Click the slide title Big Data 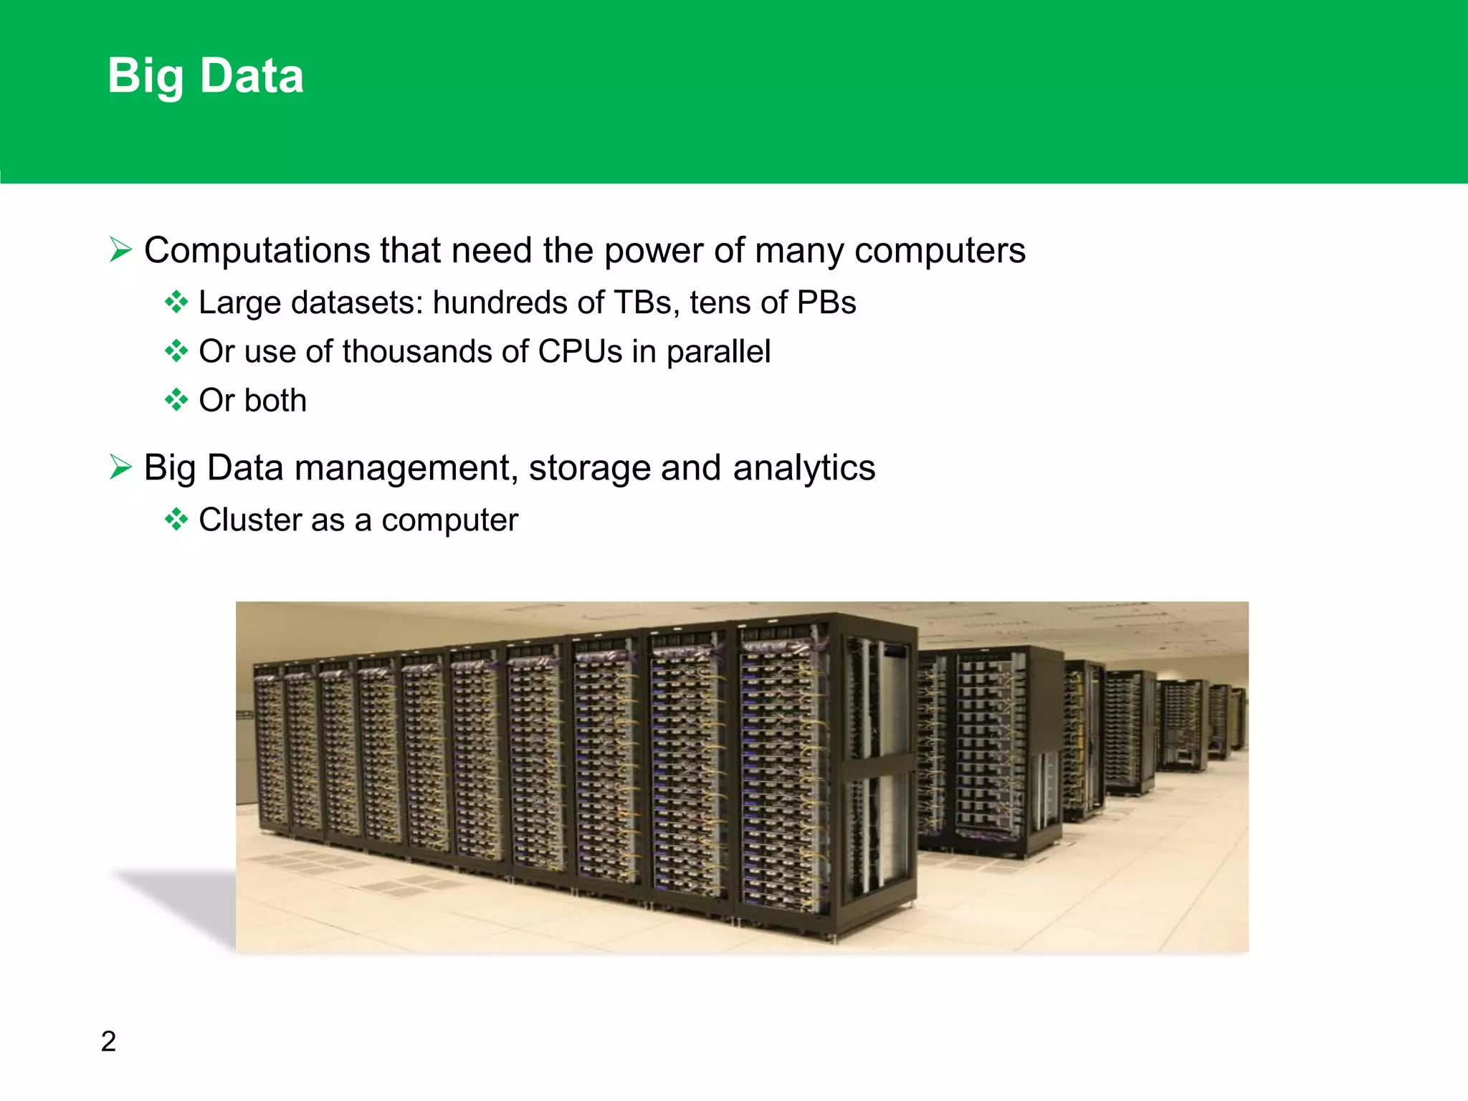tap(206, 76)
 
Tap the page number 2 tap(108, 1041)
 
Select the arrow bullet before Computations tap(120, 250)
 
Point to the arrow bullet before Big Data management tap(120, 467)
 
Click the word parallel tap(718, 351)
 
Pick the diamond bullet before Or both tap(176, 400)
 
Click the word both tap(276, 400)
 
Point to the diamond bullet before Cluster tap(176, 520)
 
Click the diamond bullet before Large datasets tap(176, 302)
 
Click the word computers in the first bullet tap(940, 251)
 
